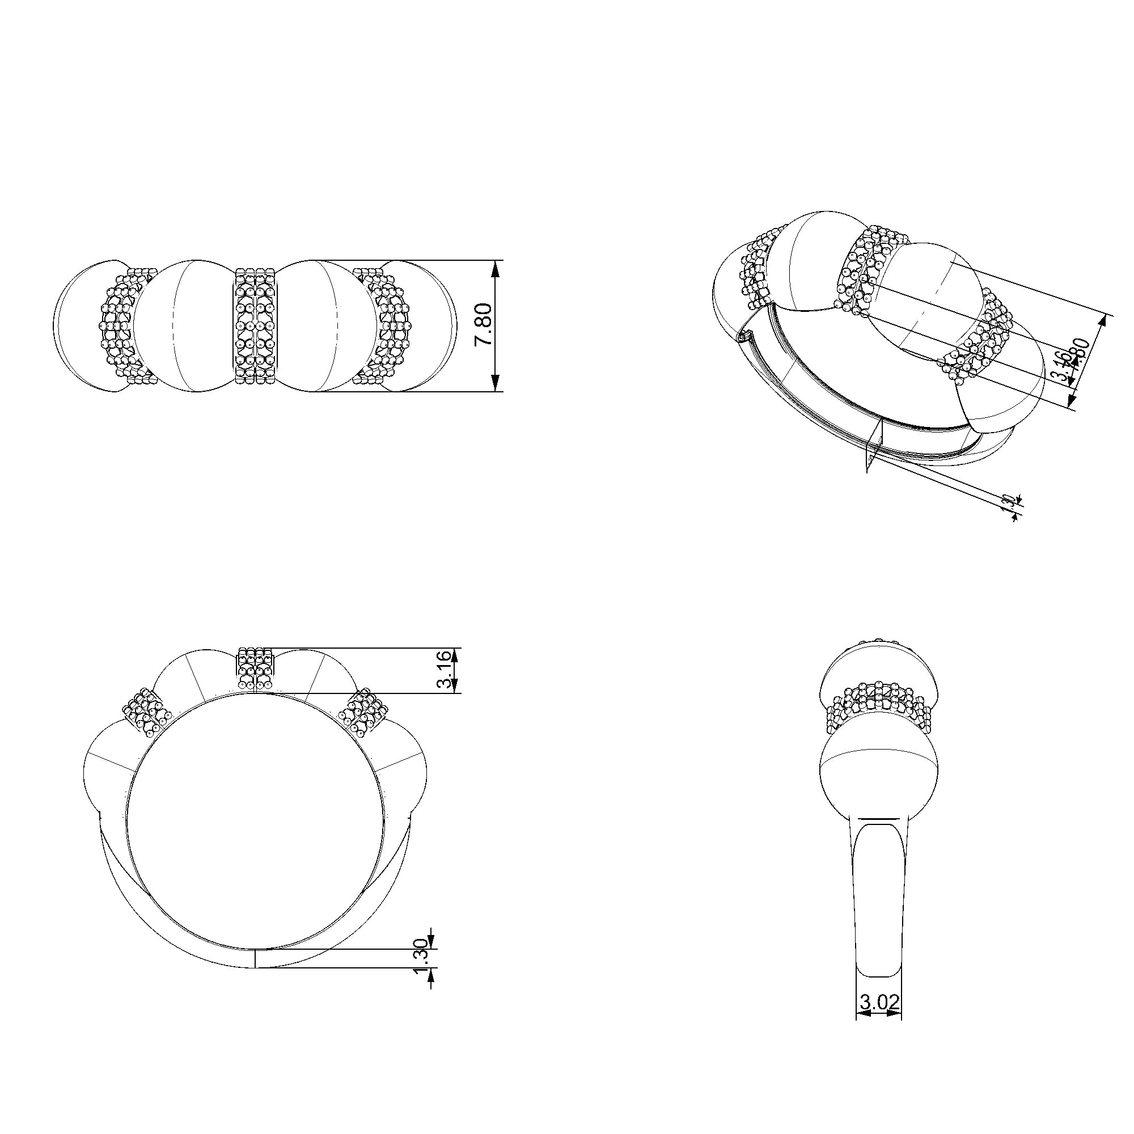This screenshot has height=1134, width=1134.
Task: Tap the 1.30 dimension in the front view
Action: point(421,971)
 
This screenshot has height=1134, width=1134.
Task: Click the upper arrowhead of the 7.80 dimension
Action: point(496,270)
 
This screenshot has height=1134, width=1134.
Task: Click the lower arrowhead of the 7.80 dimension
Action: point(496,382)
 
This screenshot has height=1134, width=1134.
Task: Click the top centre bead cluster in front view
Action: point(255,668)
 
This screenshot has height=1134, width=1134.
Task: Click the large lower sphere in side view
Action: point(879,775)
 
